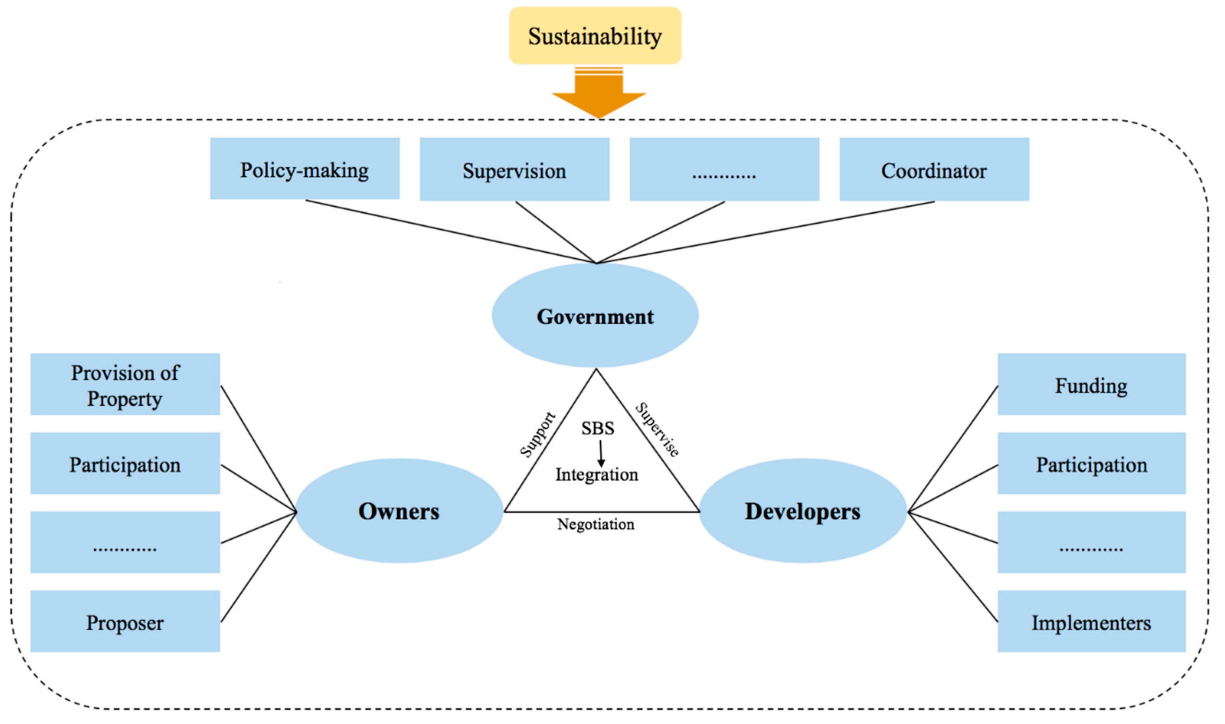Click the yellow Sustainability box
point(595,35)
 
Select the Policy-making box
point(304,169)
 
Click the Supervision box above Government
point(514,170)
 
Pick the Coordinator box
point(934,170)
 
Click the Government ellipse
point(595,316)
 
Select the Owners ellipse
point(399,511)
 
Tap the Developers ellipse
point(803,511)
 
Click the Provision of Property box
point(125,385)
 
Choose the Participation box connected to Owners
point(125,463)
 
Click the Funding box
point(1091,385)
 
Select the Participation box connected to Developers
point(1091,463)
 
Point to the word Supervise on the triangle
point(657,430)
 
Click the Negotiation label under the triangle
point(596,524)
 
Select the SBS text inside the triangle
point(597,428)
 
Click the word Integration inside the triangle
point(597,474)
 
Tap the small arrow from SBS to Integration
point(601,454)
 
